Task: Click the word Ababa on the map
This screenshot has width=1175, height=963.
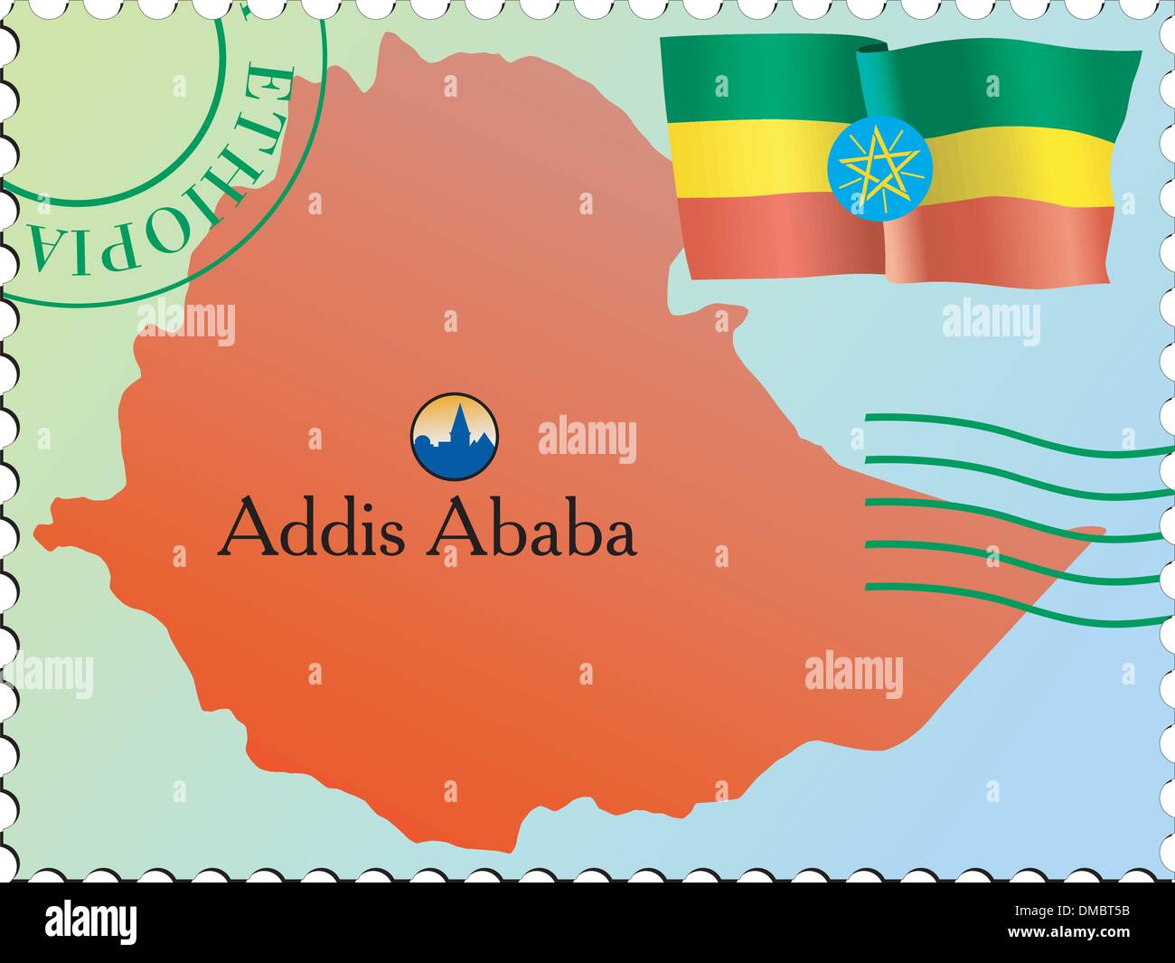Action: (532, 529)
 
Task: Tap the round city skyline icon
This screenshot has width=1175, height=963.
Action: (454, 436)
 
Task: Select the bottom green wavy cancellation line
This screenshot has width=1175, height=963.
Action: (1012, 606)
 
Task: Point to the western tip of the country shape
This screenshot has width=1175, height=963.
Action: (42, 533)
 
